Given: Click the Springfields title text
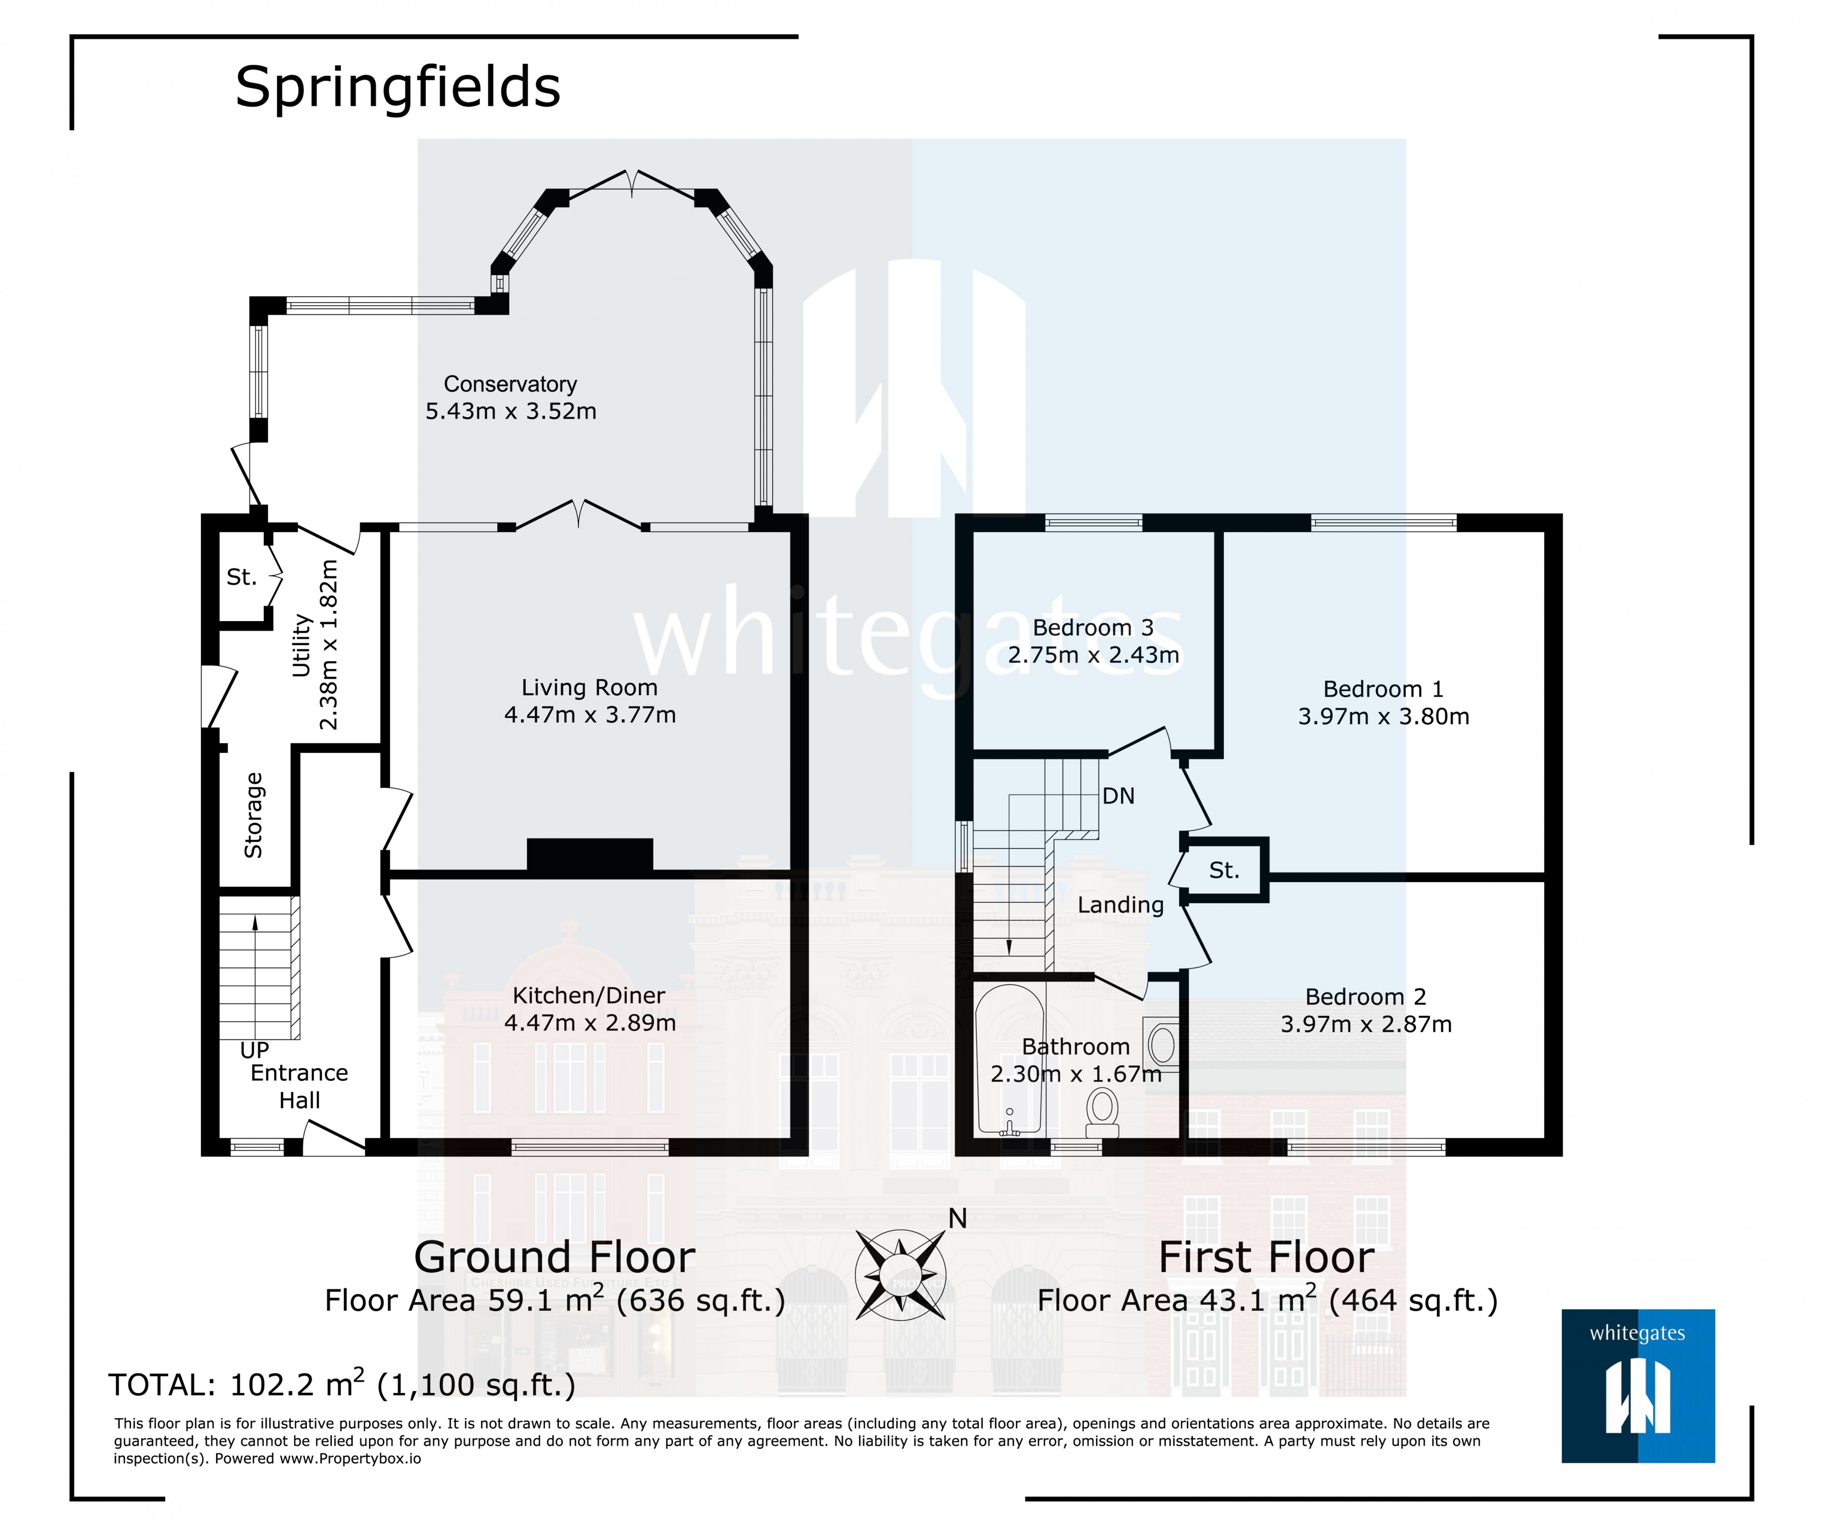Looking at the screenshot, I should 397,88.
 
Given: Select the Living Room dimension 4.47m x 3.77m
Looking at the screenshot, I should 589,715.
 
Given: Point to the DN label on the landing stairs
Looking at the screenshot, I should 1118,796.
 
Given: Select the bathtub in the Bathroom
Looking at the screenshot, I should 1008,1058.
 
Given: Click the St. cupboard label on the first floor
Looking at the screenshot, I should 1223,870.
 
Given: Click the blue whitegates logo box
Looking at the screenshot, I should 1637,1385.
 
